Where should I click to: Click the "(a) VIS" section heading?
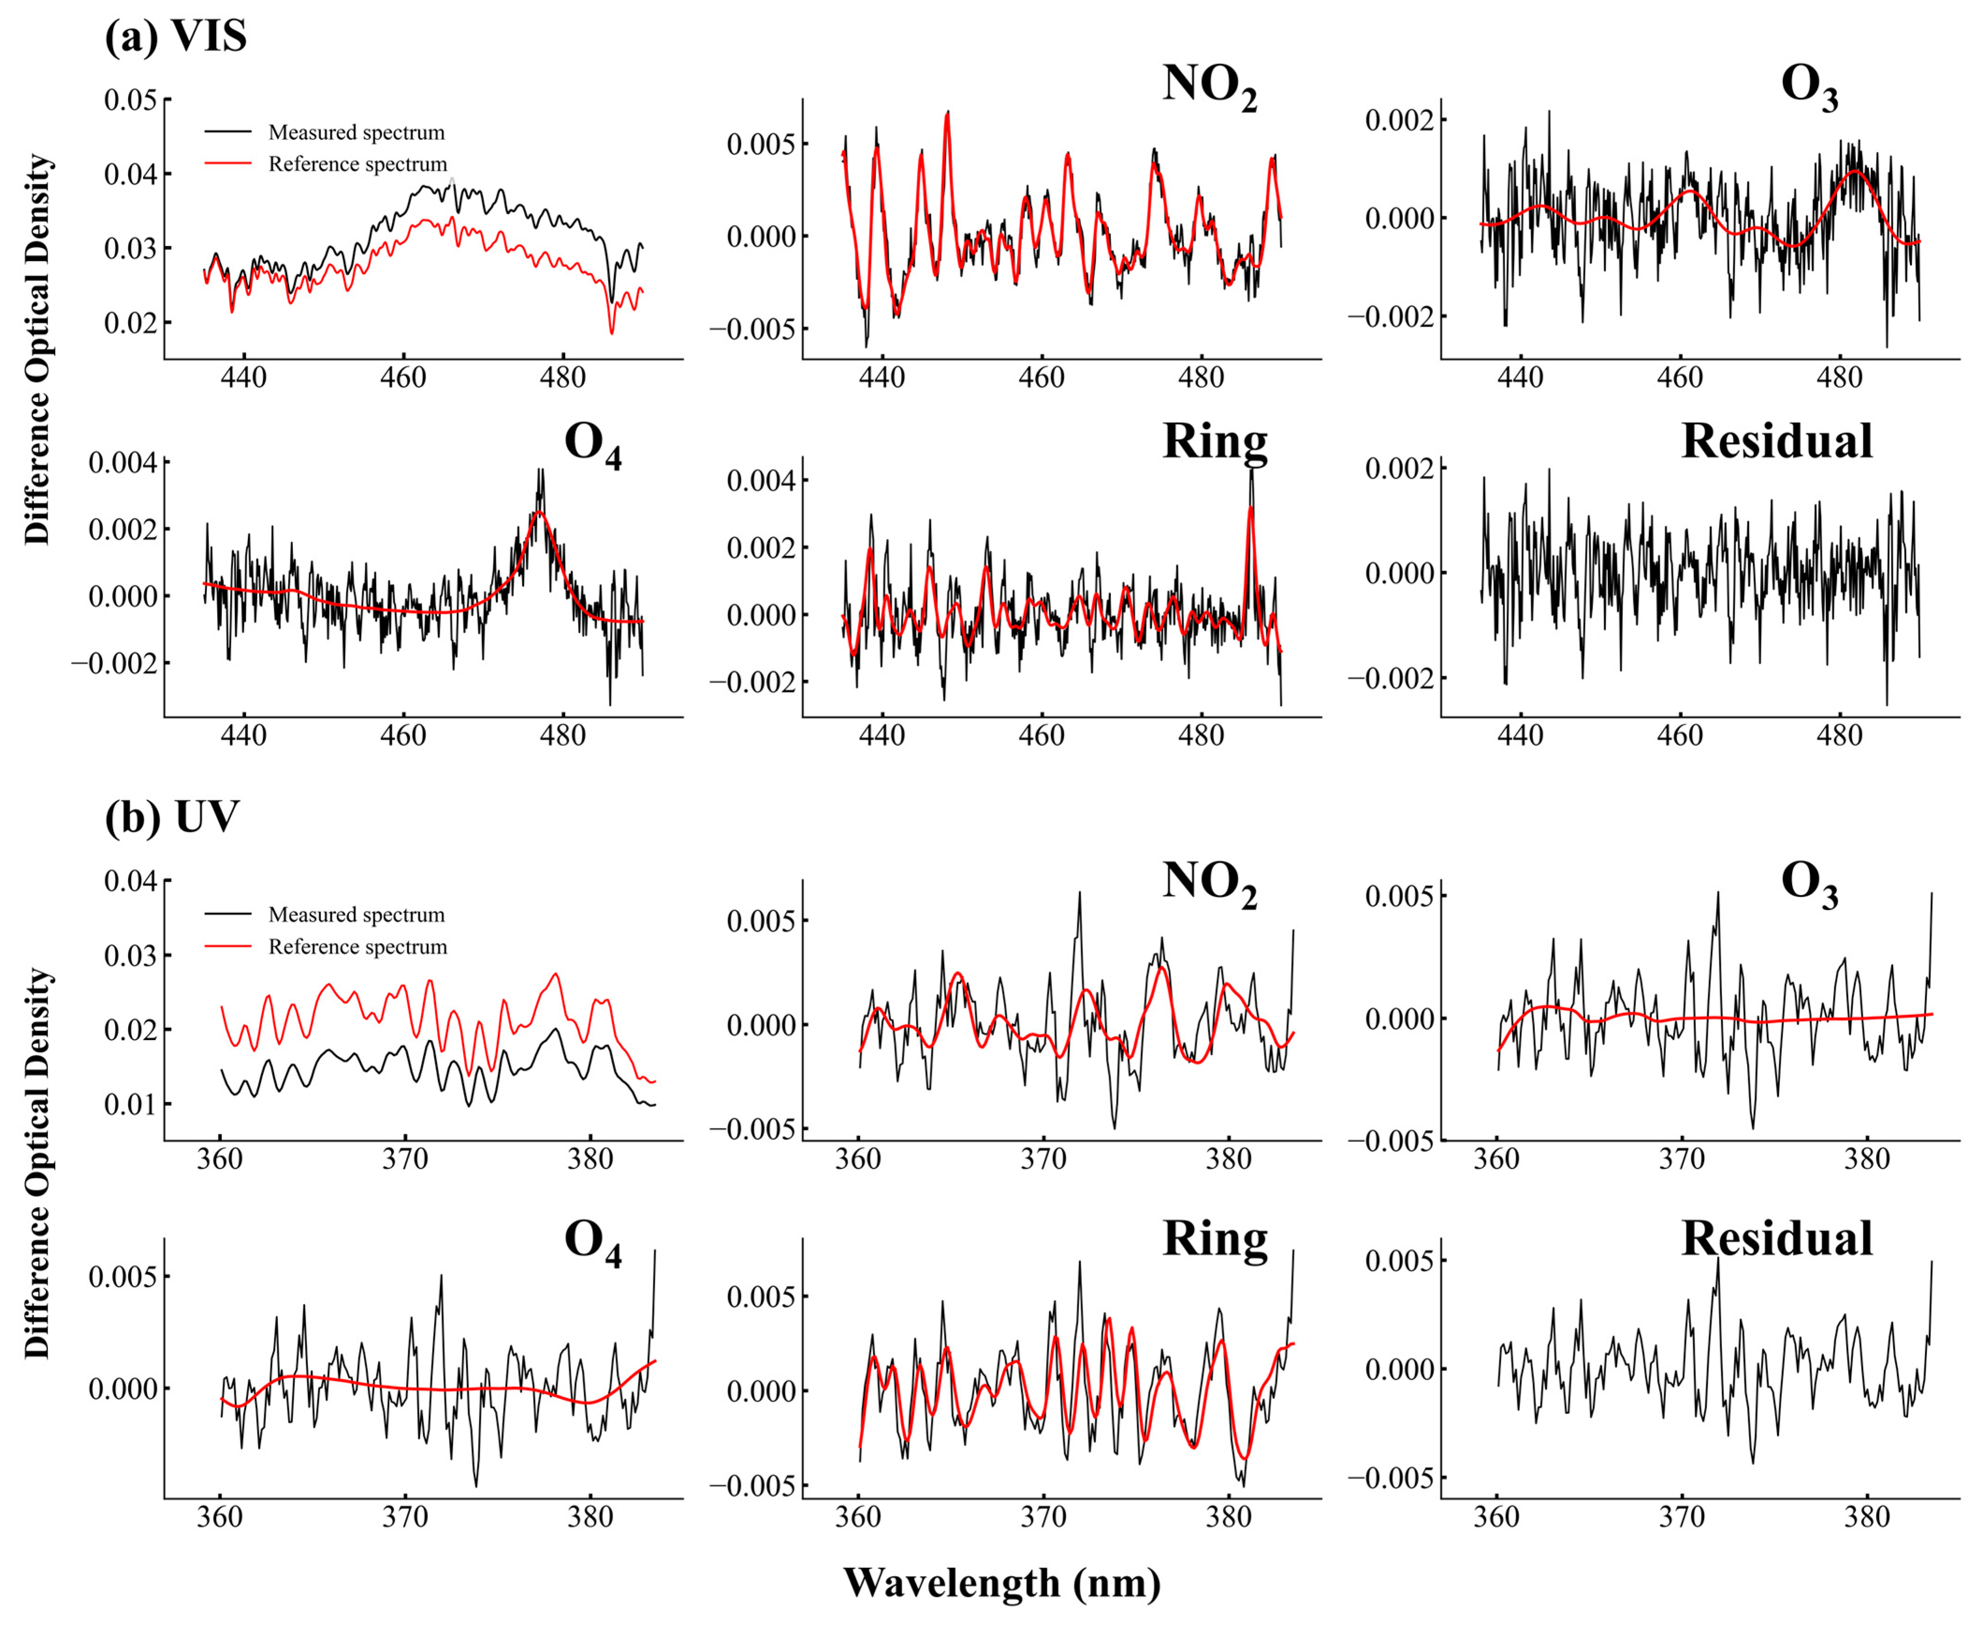point(176,36)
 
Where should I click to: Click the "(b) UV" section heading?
point(172,816)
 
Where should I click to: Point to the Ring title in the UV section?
point(1214,1238)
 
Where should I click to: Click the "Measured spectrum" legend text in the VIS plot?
point(356,132)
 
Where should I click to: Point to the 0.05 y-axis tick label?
point(131,100)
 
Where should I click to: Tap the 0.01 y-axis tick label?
point(131,1104)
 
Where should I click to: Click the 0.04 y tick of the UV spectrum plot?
point(131,881)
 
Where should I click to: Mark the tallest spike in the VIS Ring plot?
point(1251,470)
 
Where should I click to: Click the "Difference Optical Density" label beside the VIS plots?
point(37,349)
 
